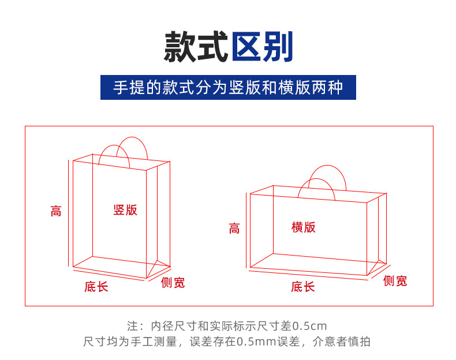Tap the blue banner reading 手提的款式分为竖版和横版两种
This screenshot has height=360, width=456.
coord(228,88)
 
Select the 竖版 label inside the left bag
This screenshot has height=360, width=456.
coord(125,210)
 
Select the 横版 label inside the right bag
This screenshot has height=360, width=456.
coord(304,227)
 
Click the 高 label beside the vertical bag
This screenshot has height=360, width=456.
coord(56,211)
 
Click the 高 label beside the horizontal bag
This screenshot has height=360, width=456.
coord(234,228)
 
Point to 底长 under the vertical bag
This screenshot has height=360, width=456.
coord(96,287)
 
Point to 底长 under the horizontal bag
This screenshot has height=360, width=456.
coord(302,287)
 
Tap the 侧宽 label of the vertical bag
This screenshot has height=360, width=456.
coord(173,283)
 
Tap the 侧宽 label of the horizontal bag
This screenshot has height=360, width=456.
coord(395,281)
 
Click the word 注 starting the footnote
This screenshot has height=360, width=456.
coord(132,326)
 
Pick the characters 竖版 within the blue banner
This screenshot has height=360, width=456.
coord(242,88)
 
